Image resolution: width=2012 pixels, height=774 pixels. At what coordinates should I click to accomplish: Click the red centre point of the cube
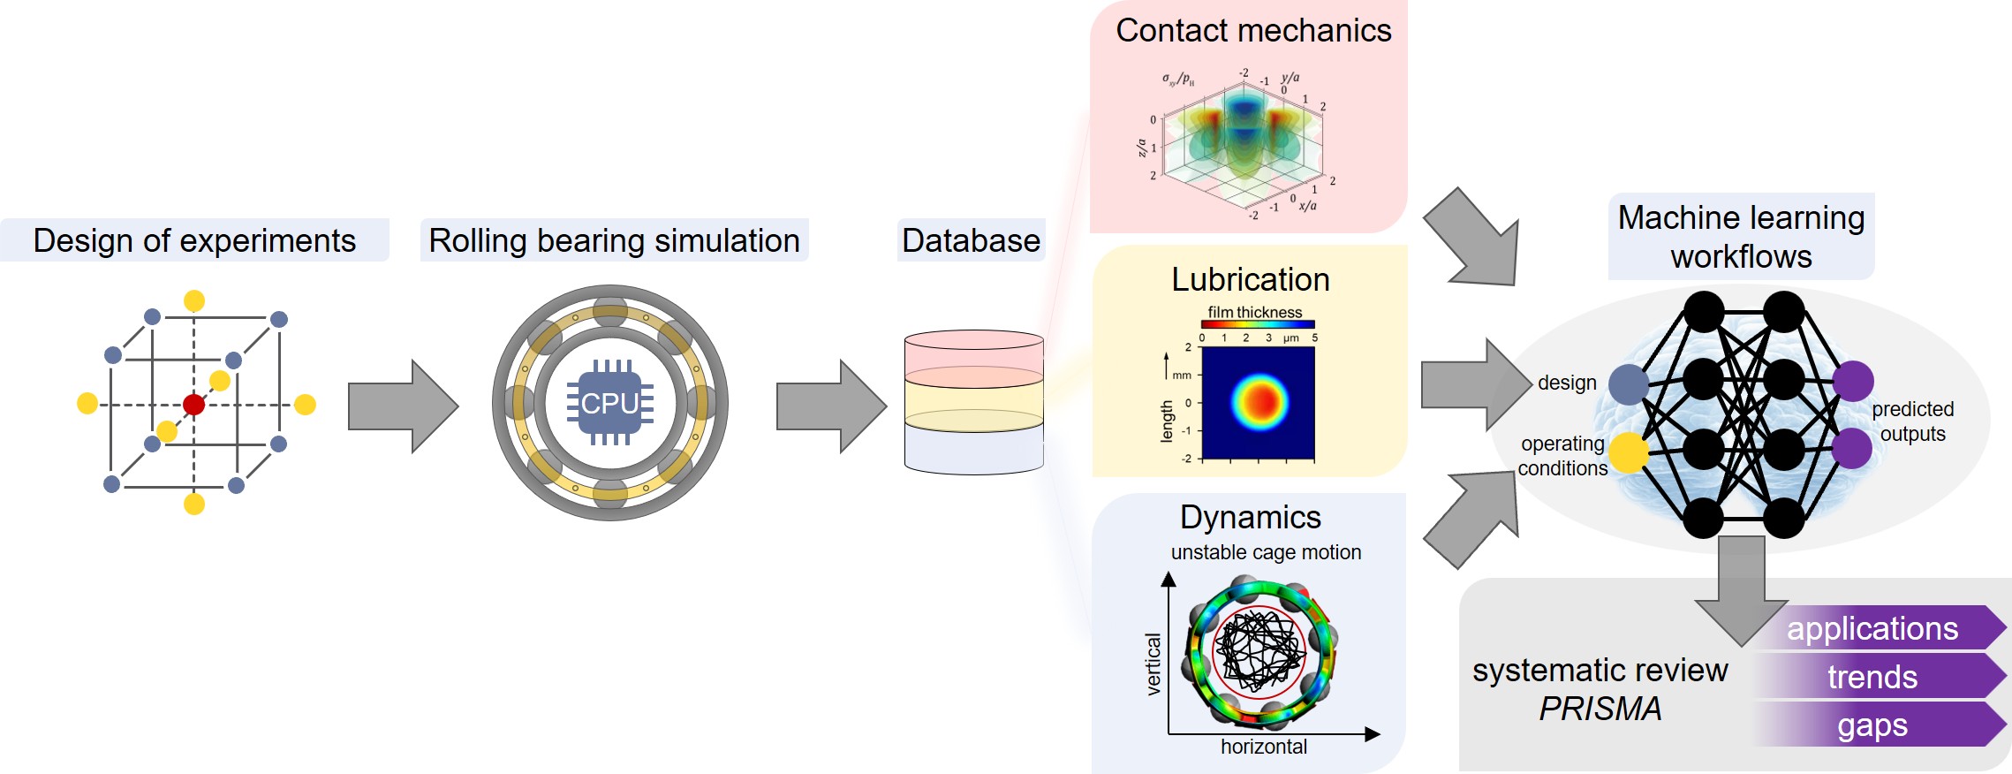(193, 405)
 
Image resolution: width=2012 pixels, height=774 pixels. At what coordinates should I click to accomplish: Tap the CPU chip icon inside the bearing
(610, 403)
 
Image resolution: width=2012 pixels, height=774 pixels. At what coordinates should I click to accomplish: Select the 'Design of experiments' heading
(194, 240)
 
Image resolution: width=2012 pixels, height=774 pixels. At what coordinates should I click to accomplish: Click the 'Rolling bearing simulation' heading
(614, 240)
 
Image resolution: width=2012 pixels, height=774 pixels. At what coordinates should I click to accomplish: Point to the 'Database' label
(971, 240)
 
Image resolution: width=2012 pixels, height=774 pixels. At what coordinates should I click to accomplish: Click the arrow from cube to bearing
(403, 406)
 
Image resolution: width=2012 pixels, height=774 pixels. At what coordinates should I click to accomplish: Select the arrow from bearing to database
(830, 406)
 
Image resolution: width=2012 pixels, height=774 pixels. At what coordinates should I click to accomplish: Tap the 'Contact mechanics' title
(1253, 31)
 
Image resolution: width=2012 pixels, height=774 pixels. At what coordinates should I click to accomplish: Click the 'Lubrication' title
(1251, 279)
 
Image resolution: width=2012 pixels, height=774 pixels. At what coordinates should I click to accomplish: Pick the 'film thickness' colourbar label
(1255, 312)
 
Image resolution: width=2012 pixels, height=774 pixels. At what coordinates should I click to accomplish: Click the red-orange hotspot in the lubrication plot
(1260, 401)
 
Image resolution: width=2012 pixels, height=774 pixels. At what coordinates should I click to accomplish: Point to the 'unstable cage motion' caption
(1266, 552)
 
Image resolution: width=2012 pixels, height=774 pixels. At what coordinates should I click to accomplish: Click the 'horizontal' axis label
(1264, 747)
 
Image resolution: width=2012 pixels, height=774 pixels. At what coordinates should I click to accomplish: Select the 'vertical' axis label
(1153, 664)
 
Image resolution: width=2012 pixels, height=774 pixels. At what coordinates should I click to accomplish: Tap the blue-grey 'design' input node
(1629, 384)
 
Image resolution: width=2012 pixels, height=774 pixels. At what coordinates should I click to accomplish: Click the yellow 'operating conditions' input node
(1629, 452)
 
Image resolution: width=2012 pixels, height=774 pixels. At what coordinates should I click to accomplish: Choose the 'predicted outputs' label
(1912, 421)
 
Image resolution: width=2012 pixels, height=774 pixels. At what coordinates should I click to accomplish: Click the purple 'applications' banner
(1872, 628)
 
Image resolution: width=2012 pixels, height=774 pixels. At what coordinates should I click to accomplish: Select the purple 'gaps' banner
(1872, 725)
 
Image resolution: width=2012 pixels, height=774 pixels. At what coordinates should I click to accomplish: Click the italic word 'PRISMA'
(1600, 709)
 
